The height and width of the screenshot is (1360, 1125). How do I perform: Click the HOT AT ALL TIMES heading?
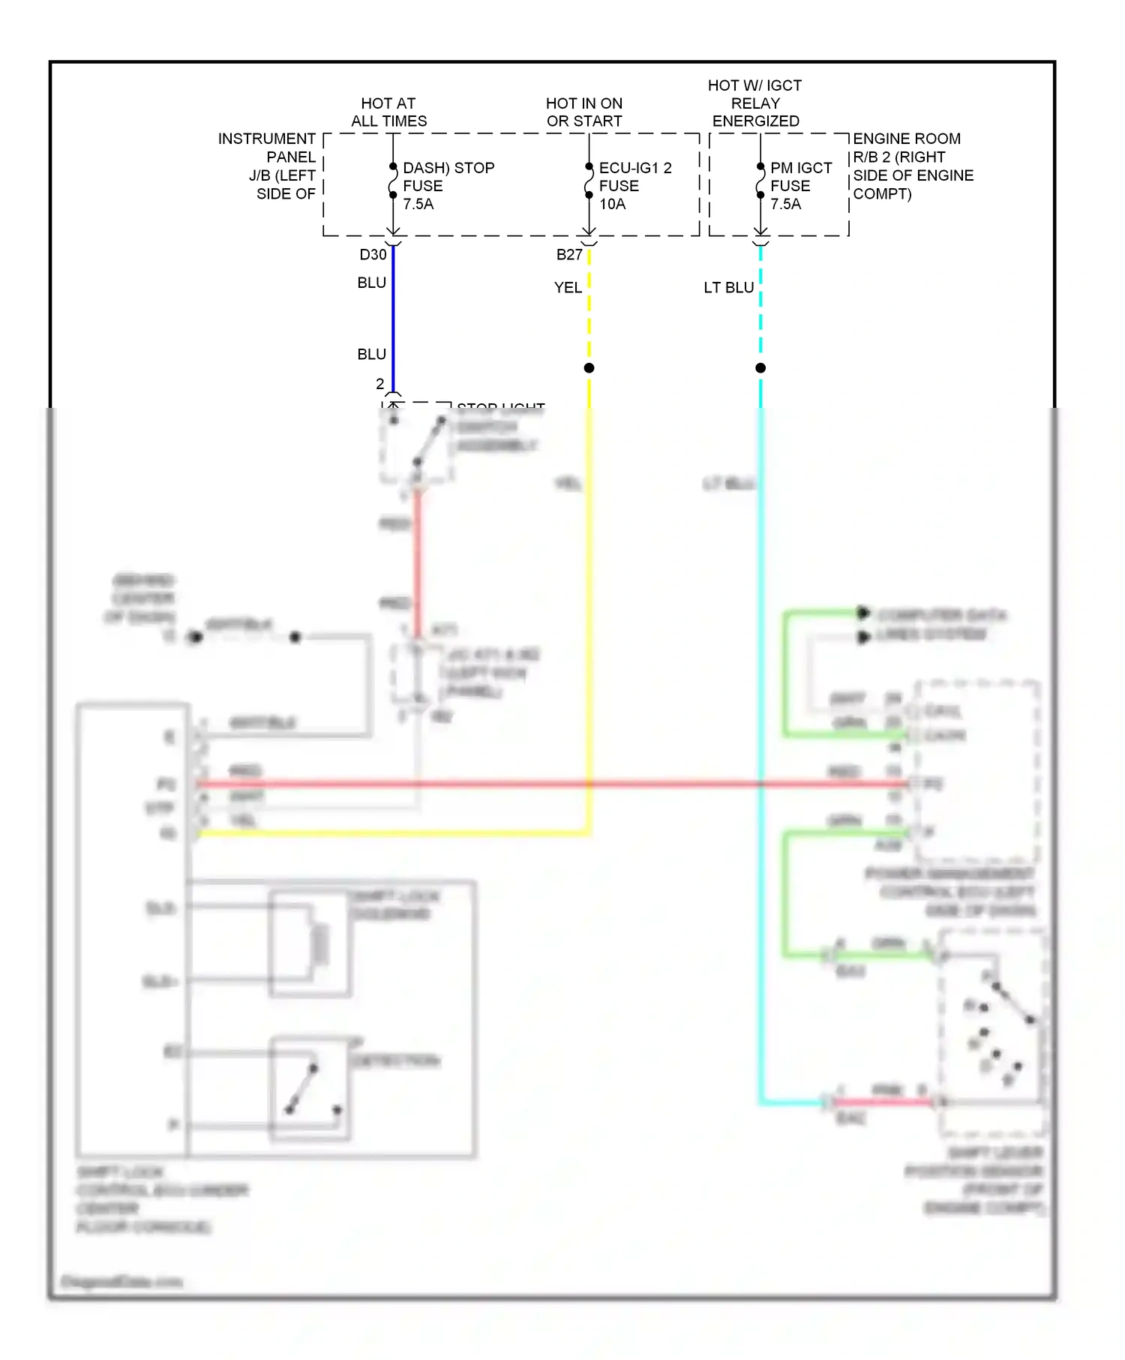pyautogui.click(x=388, y=112)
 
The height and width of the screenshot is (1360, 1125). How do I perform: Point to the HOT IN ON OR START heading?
pyautogui.click(x=583, y=112)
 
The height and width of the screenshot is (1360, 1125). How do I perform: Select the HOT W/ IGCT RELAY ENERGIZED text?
pyautogui.click(x=754, y=103)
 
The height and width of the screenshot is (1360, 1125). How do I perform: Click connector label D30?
pyautogui.click(x=373, y=255)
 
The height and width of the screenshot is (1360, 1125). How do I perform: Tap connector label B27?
pyautogui.click(x=569, y=255)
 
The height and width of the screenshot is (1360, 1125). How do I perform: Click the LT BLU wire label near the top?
pyautogui.click(x=728, y=288)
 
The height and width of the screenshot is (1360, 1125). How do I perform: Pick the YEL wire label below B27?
pyautogui.click(x=568, y=288)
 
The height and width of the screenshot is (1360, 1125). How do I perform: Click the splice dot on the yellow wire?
pyautogui.click(x=589, y=368)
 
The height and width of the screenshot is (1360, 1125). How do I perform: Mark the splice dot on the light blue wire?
pyautogui.click(x=760, y=368)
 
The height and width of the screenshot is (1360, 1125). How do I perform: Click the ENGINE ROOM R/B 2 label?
pyautogui.click(x=912, y=166)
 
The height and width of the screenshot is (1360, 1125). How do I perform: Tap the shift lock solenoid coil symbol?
pyautogui.click(x=321, y=944)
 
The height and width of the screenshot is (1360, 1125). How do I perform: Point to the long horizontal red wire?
pyautogui.click(x=525, y=784)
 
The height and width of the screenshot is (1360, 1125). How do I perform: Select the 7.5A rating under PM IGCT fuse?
pyautogui.click(x=785, y=204)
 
